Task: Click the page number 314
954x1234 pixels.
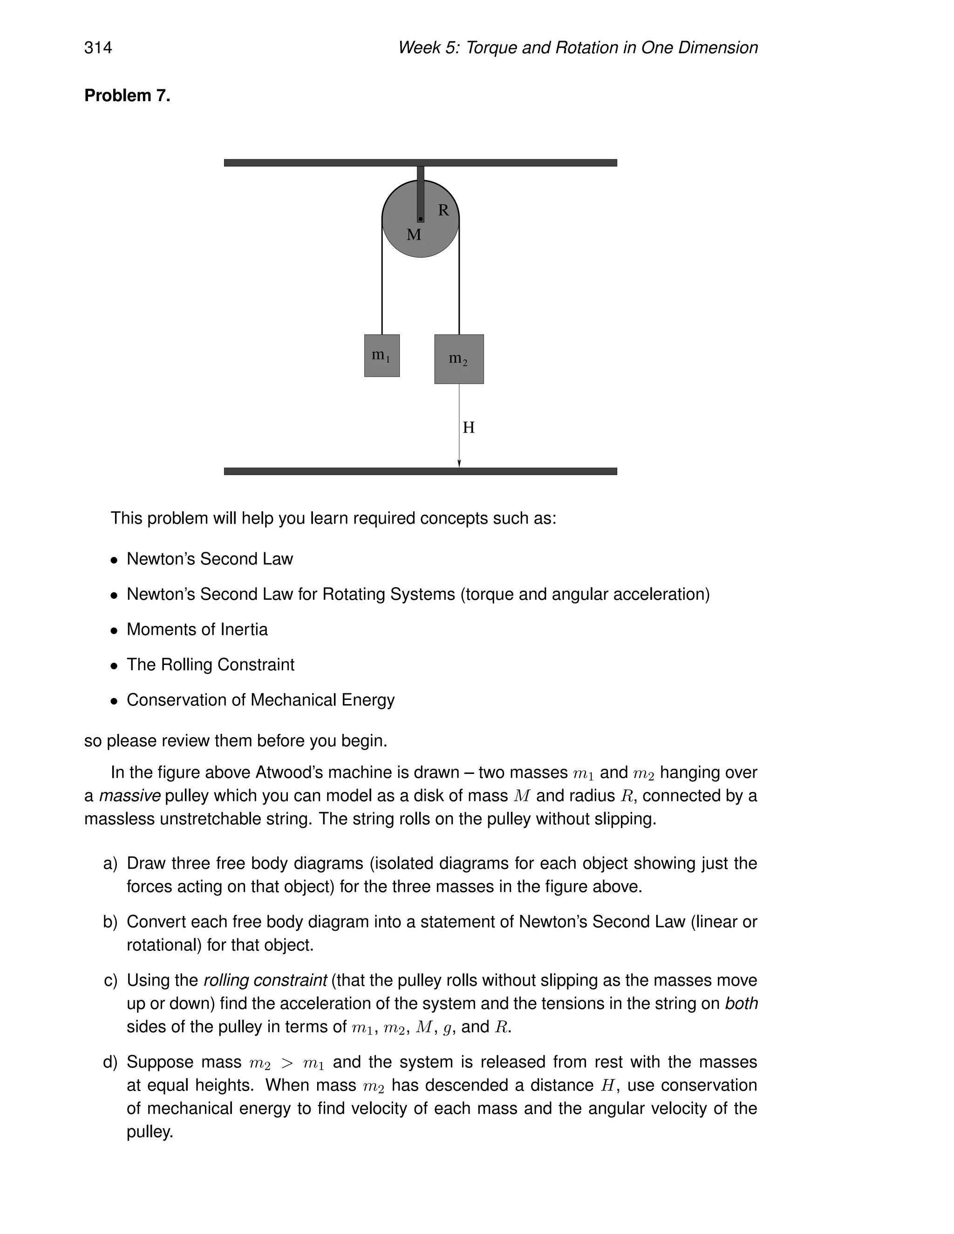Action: (x=98, y=47)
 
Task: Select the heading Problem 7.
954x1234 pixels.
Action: (x=127, y=95)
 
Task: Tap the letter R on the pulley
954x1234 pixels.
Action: (x=443, y=210)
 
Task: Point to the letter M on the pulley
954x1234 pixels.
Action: (x=414, y=235)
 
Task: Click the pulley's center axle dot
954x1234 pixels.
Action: (x=421, y=219)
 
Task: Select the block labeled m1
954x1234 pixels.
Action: (x=382, y=355)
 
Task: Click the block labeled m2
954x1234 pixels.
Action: (x=458, y=359)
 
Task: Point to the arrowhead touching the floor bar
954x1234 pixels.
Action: (x=459, y=463)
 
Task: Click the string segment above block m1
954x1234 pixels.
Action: (x=382, y=283)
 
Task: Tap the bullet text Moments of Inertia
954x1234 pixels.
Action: (x=197, y=630)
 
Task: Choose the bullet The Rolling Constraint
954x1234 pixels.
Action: (x=210, y=664)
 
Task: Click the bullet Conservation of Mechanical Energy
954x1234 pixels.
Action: (x=260, y=700)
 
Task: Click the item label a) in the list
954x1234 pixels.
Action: (x=110, y=863)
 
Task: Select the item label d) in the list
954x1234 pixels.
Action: (x=110, y=1062)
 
